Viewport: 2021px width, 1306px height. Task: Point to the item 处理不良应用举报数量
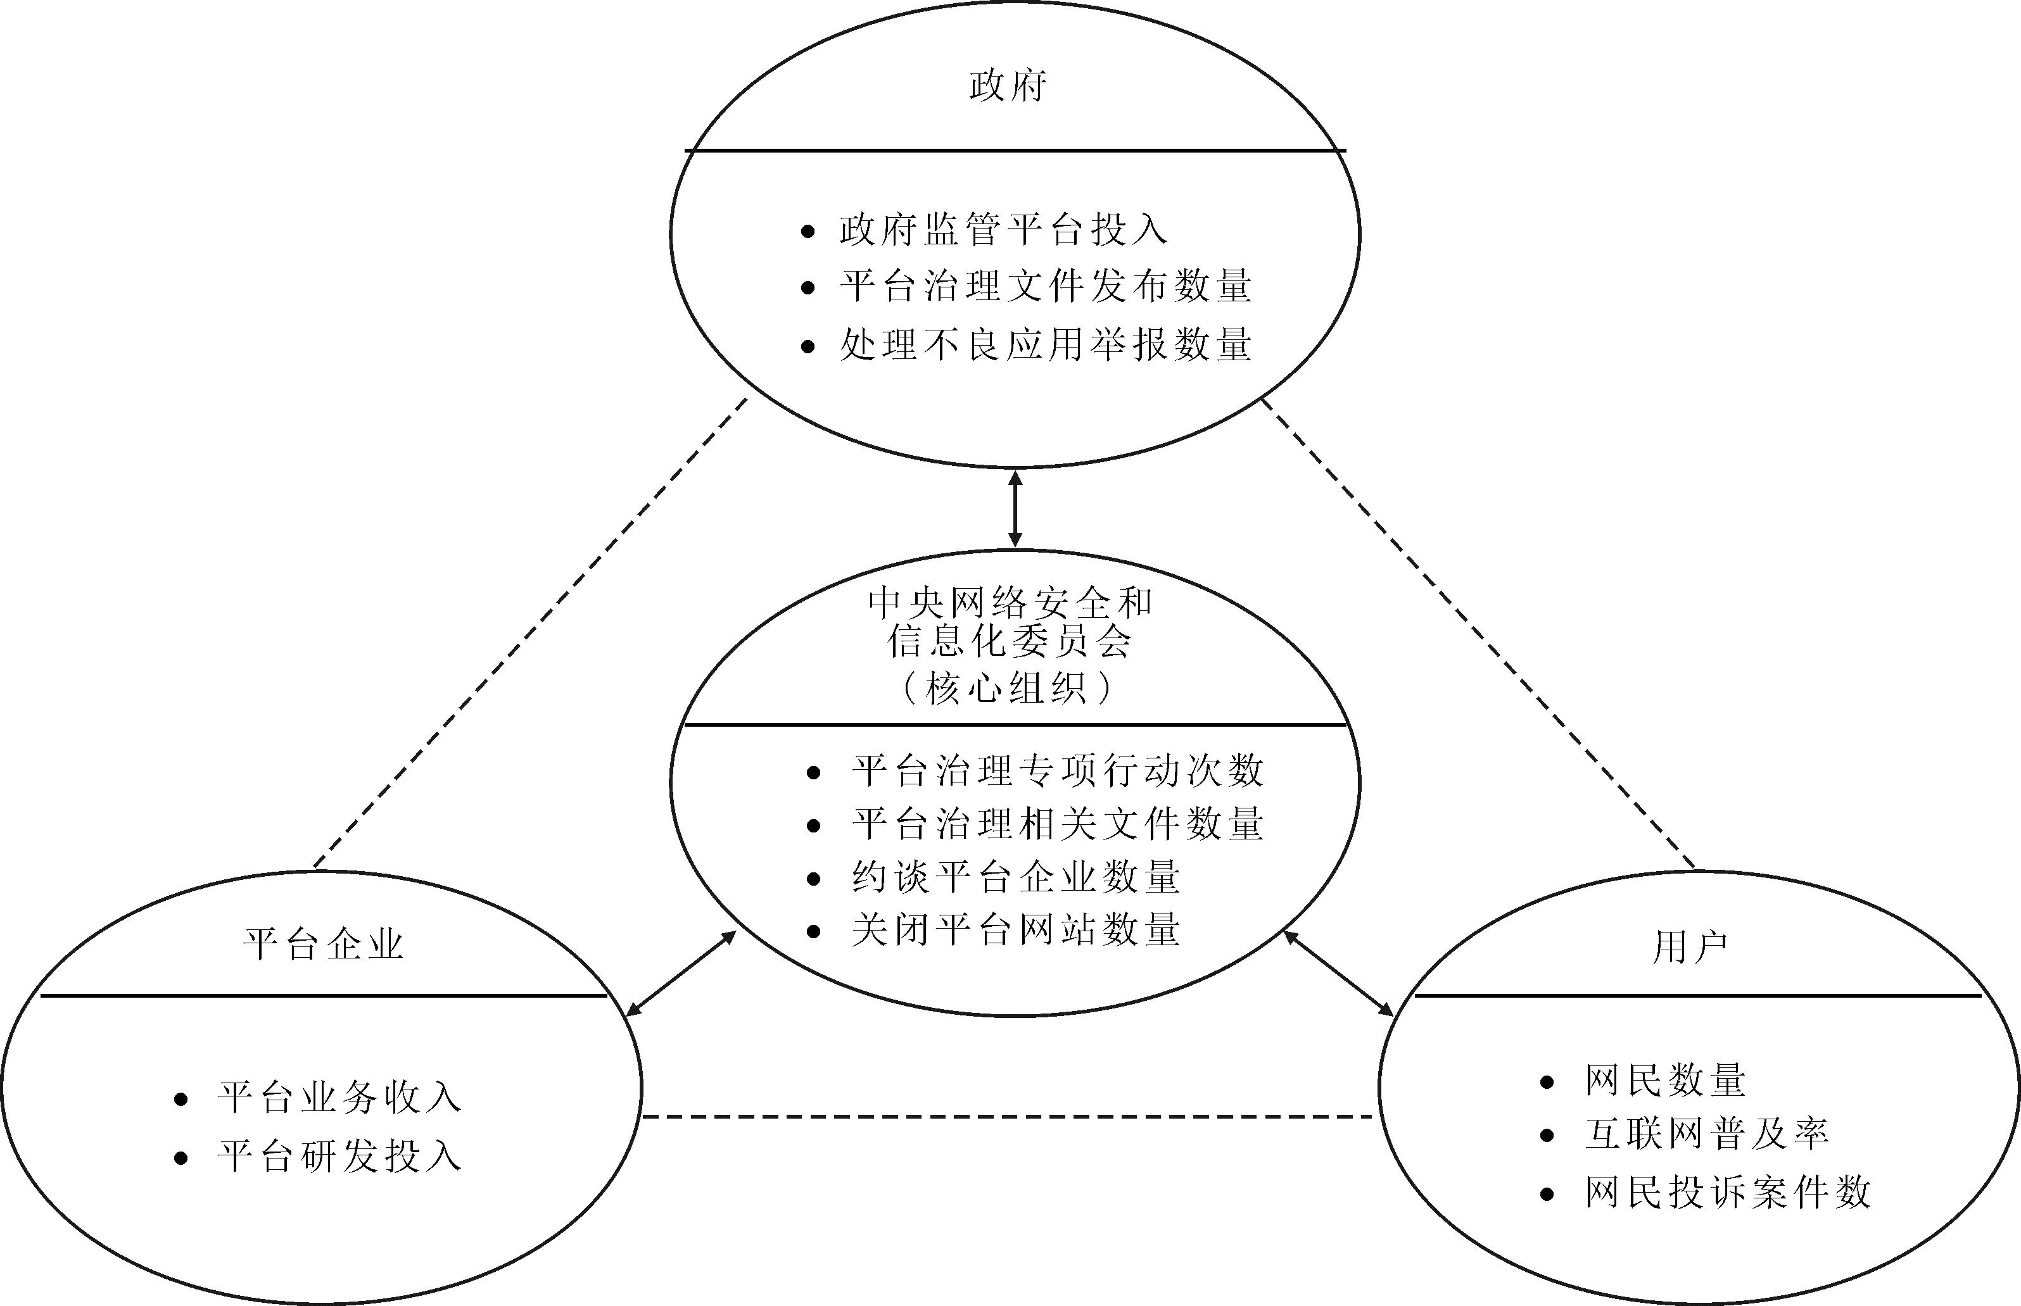1045,344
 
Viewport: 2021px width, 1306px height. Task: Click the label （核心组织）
1007,688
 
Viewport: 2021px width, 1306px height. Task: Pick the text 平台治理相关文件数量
1057,824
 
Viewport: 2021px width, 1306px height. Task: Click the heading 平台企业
323,945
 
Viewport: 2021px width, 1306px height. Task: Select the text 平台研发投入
339,1157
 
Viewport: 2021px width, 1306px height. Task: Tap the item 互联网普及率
1706,1134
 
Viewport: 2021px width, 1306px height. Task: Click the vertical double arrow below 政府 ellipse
1015,509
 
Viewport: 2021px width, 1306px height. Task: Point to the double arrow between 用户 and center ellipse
1338,973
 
